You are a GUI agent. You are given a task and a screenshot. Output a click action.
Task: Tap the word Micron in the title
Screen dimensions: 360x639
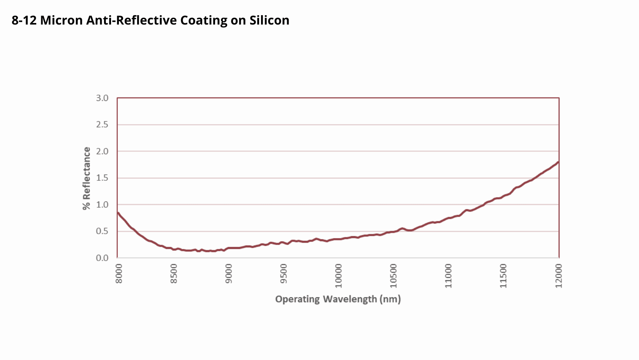coord(62,20)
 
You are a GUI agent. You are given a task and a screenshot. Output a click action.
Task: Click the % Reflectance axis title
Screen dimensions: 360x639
coord(86,178)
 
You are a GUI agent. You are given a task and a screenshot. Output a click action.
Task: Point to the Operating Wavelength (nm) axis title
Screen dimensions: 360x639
coord(338,299)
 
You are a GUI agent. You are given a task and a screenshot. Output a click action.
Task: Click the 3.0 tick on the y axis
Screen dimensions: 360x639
coord(102,98)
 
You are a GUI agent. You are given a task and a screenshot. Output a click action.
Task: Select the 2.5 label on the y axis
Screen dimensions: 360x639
coord(102,125)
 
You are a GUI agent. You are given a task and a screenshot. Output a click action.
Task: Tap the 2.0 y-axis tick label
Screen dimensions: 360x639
coord(102,152)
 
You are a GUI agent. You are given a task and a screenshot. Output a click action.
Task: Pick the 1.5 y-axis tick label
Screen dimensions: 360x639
coord(102,178)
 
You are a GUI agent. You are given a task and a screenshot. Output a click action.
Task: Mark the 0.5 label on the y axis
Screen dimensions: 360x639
coord(102,231)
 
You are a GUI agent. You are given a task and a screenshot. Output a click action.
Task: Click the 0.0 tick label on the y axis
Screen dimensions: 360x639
coord(102,258)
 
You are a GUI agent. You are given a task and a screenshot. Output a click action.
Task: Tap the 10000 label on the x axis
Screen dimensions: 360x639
coord(339,275)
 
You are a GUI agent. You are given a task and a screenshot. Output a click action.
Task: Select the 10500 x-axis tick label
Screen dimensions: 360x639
coord(394,275)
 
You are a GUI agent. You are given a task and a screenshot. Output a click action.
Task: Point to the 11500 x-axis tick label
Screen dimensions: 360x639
coord(503,275)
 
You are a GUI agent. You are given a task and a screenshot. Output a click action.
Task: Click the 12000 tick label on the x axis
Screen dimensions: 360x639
coord(559,275)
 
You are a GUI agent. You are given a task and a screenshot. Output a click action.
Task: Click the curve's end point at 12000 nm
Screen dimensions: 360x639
coord(558,162)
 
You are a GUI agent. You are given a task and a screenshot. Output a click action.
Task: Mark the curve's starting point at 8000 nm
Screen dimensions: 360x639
coord(118,213)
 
